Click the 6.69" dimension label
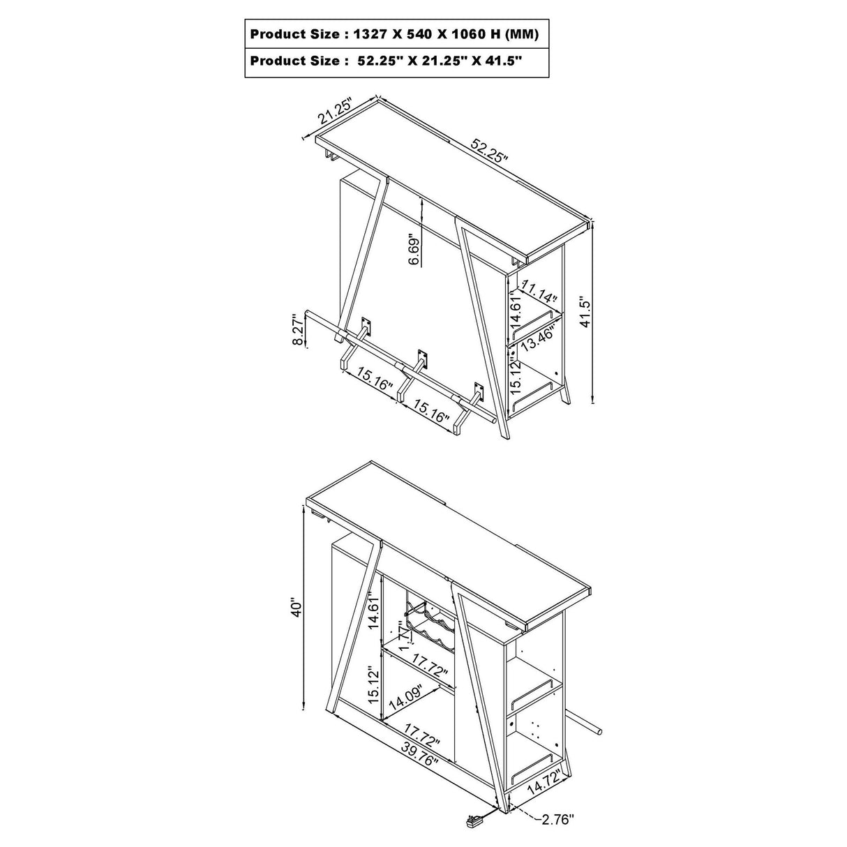[414, 249]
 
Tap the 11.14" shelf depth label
[539, 291]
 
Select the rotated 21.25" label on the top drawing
[336, 112]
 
